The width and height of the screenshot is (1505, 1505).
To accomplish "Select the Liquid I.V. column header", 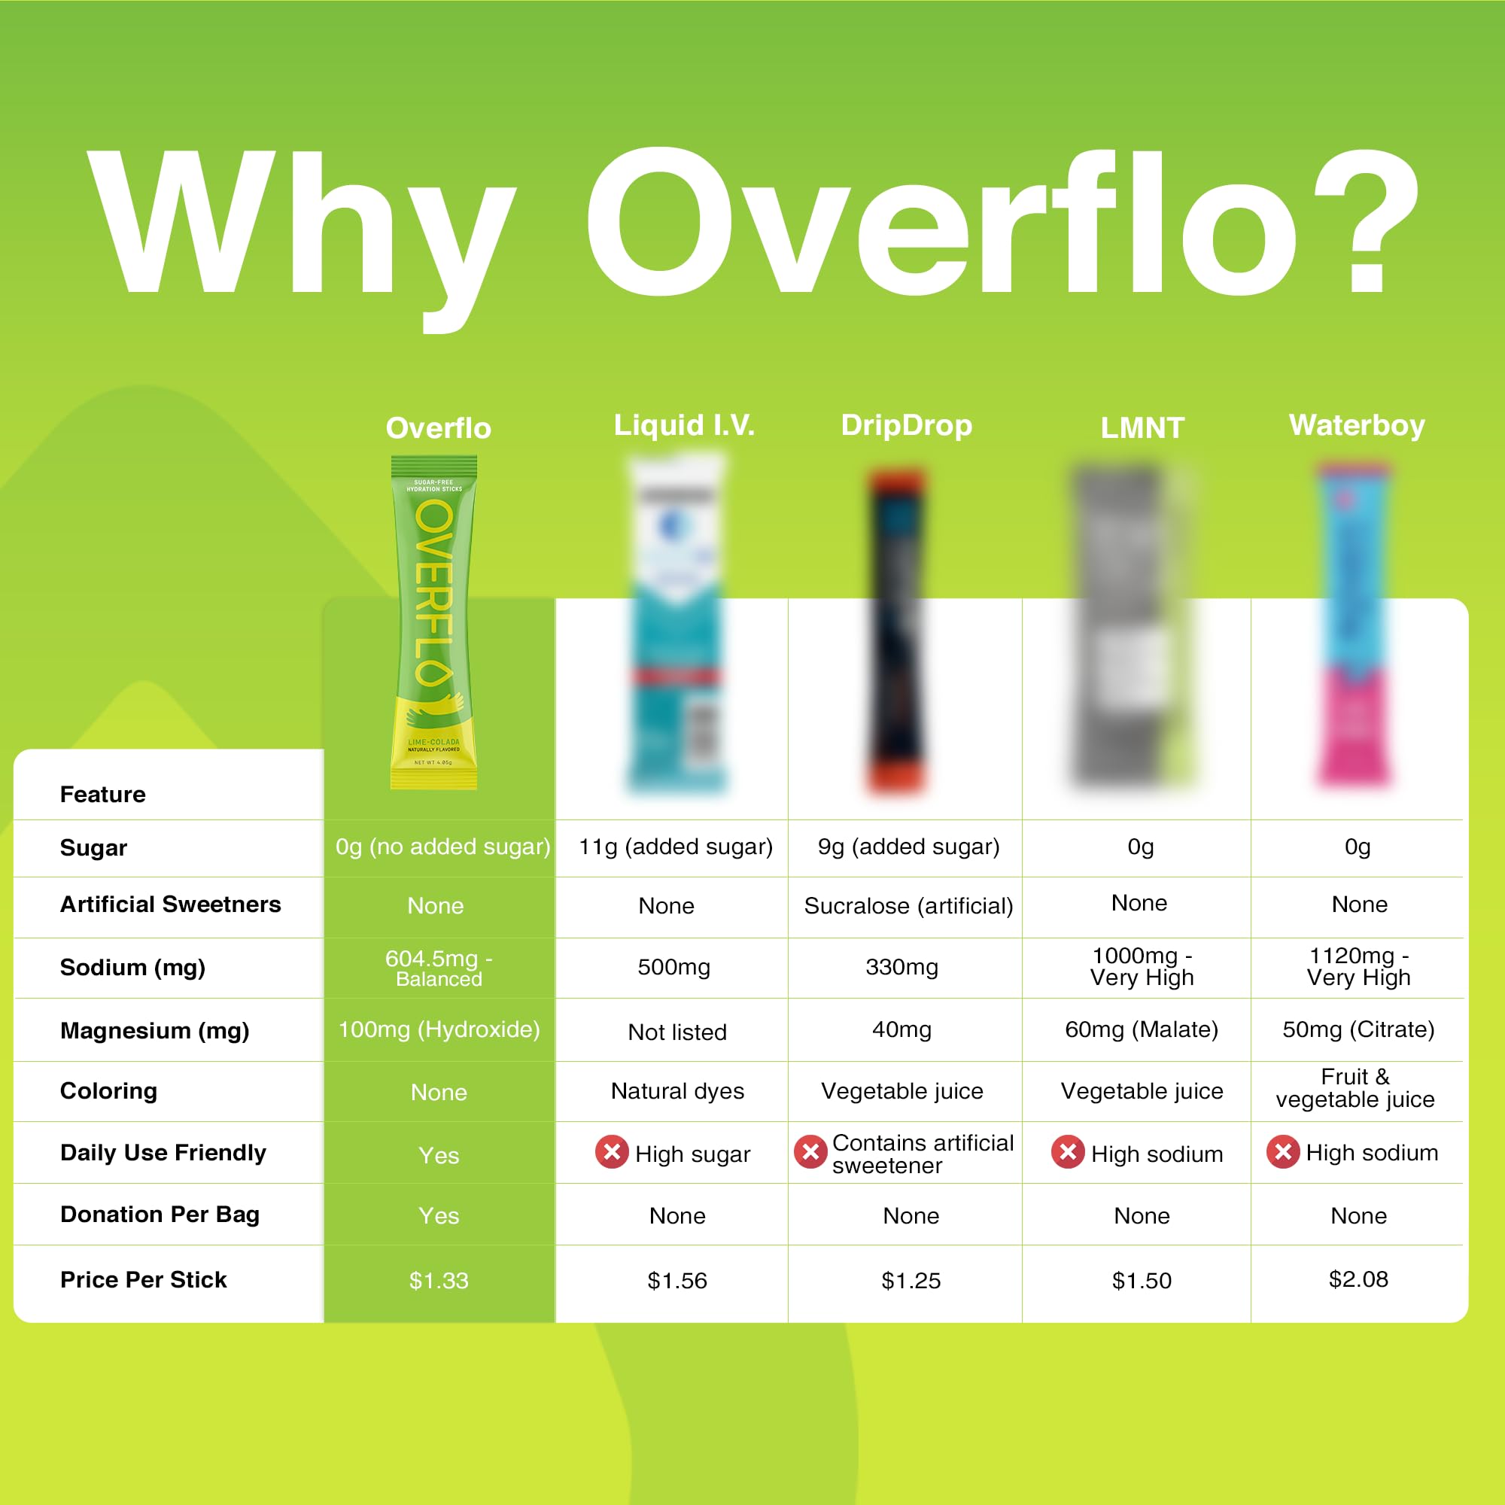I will coord(684,425).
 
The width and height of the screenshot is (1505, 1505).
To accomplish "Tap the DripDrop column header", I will coord(906,425).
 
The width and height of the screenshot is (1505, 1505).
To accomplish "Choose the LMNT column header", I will coord(1142,427).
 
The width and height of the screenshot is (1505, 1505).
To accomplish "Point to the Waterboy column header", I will coord(1356,425).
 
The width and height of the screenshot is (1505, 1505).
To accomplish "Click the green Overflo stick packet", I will coord(434,623).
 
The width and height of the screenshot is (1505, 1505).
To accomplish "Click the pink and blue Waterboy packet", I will coord(1353,627).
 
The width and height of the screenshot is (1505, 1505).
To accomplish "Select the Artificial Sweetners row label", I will coord(171,905).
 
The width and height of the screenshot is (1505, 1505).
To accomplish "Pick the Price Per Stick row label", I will coord(143,1280).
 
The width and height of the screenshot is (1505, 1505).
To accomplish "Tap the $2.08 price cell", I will coord(1358,1279).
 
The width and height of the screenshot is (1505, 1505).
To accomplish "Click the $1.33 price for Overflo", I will coord(439,1281).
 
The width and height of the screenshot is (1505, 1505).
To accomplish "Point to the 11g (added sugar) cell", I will coord(676,847).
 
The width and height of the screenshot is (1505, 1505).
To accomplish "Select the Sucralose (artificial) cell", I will coord(908,906).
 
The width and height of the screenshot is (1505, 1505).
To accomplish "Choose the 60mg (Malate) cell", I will coord(1142,1030).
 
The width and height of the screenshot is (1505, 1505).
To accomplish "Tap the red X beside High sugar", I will coord(613,1151).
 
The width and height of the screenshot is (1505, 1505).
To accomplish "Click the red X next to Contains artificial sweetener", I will coord(810,1151).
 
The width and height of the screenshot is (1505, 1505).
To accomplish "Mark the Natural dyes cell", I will coord(677,1091).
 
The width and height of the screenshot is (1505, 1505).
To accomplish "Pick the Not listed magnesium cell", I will coord(677,1032).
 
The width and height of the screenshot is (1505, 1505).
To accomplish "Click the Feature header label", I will coord(103,795).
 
